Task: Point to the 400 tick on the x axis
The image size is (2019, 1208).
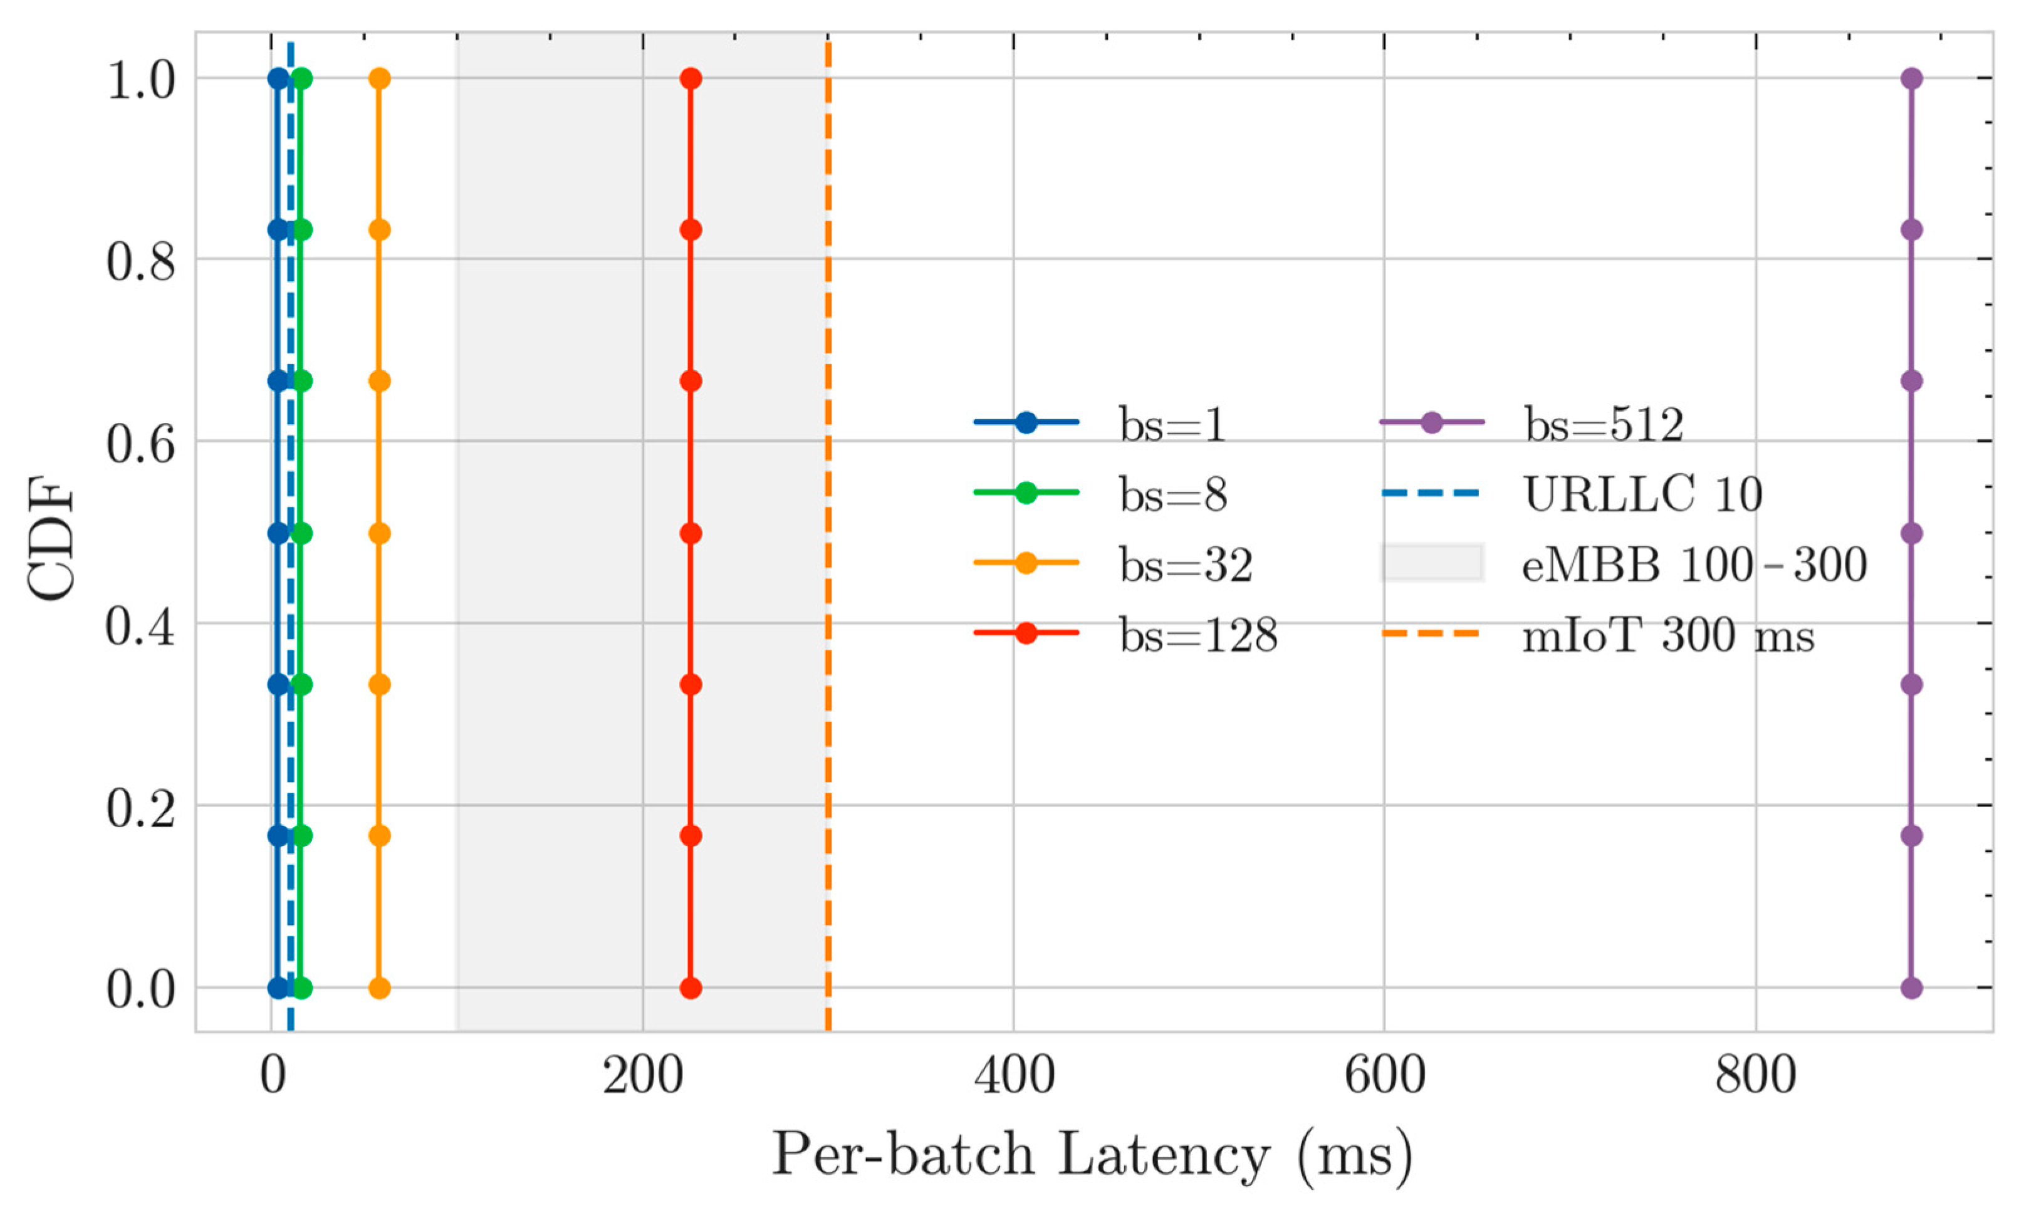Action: click(1013, 1076)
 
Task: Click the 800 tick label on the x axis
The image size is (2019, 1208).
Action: click(1755, 1076)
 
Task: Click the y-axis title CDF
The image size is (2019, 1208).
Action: click(51, 541)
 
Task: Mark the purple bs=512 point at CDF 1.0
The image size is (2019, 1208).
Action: click(1912, 79)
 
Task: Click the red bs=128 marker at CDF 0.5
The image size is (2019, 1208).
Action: click(691, 533)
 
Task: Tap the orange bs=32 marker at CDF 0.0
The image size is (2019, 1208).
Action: click(379, 988)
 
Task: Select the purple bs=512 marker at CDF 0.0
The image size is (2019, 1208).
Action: click(1912, 988)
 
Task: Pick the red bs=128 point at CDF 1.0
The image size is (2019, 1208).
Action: click(691, 79)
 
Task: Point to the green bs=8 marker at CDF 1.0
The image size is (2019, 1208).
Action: click(301, 79)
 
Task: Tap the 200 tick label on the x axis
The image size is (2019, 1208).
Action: click(642, 1076)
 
